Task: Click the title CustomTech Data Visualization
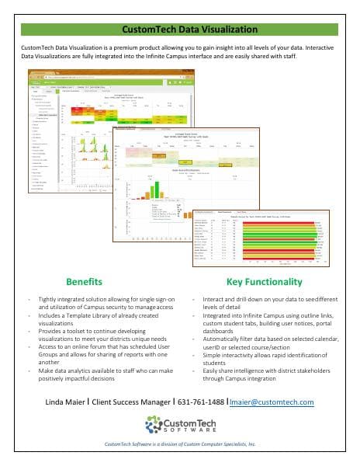pyautogui.click(x=180, y=30)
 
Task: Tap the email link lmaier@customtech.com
pyautogui.click(x=276, y=402)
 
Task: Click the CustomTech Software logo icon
pyautogui.click(x=156, y=424)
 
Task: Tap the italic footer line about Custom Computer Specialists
pyautogui.click(x=180, y=444)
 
